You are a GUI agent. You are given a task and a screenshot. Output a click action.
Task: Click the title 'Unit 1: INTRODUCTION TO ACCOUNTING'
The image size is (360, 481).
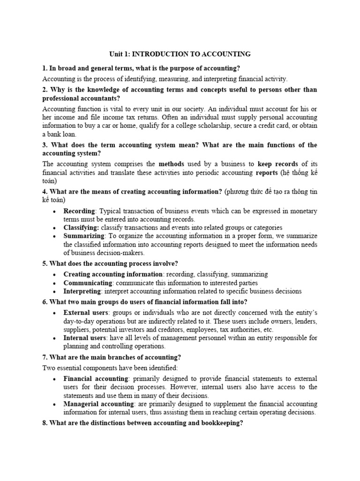pyautogui.click(x=180, y=54)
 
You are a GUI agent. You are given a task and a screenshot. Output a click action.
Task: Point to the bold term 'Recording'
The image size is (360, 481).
pyautogui.click(x=79, y=211)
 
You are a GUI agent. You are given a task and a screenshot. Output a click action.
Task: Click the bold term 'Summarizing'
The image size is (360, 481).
pyautogui.click(x=84, y=236)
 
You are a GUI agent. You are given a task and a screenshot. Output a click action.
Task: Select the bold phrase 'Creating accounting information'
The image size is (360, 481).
pyautogui.click(x=113, y=274)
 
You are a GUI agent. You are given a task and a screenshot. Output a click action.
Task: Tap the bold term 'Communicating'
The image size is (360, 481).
pyautogui.click(x=88, y=283)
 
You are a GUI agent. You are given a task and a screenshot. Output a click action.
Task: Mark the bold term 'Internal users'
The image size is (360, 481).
pyautogui.click(x=85, y=338)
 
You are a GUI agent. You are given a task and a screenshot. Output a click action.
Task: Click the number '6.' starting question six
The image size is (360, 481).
pyautogui.click(x=45, y=302)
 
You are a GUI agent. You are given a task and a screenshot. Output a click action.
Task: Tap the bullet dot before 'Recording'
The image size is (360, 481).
pyautogui.click(x=55, y=211)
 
